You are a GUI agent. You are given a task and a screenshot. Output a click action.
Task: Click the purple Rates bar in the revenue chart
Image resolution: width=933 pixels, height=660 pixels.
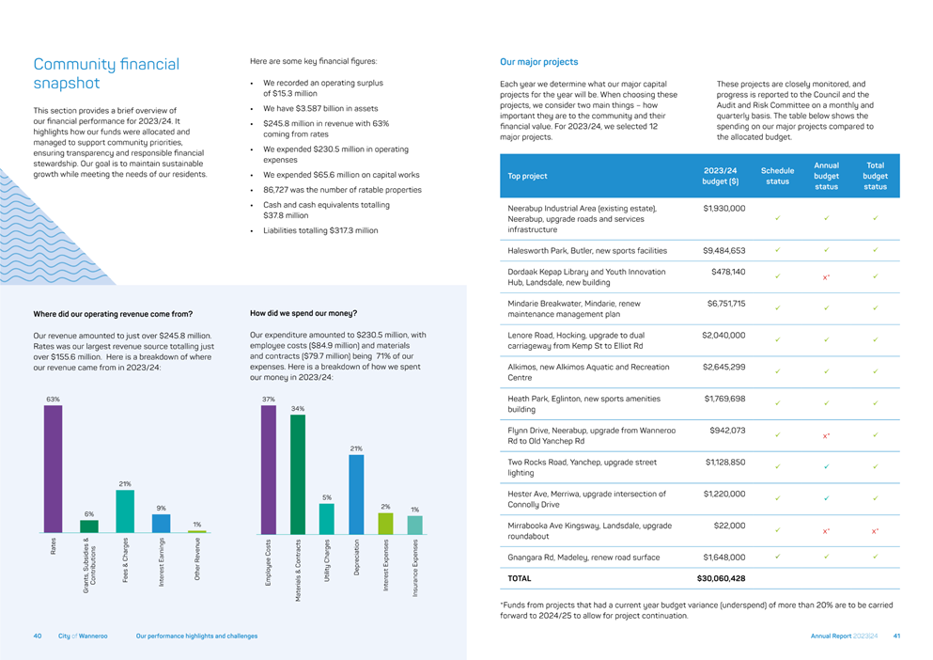[x=53, y=468]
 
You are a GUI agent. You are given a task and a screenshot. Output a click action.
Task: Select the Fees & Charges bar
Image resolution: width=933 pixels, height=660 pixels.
[x=125, y=511]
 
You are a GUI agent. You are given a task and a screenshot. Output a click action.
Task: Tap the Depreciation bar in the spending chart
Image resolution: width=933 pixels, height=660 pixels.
[x=356, y=495]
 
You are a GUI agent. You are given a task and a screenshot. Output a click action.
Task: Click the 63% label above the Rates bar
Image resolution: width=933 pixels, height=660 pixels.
[x=53, y=400]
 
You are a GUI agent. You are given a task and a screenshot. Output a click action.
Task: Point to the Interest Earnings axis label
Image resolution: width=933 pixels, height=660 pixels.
[x=162, y=558]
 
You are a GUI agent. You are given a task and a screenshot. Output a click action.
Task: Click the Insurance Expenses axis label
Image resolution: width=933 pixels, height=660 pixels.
[x=415, y=568]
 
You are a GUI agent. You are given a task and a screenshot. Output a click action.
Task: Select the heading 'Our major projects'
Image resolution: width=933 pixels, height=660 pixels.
[x=538, y=62]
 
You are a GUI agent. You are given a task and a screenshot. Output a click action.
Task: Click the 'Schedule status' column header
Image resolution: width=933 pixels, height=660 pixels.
[x=777, y=176]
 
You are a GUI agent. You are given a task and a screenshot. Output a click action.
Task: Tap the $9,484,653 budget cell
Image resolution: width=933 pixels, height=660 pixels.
[x=723, y=250]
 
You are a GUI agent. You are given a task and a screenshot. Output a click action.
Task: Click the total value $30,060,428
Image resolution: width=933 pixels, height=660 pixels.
[x=721, y=577]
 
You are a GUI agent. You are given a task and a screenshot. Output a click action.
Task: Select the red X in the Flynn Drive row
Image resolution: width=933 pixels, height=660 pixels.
[x=826, y=435]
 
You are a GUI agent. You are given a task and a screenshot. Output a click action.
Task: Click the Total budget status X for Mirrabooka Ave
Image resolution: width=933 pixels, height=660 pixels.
[x=875, y=531]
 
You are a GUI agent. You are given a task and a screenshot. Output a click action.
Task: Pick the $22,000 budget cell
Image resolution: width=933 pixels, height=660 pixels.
[x=729, y=526]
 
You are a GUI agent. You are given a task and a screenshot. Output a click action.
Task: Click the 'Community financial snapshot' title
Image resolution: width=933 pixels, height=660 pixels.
[x=106, y=73]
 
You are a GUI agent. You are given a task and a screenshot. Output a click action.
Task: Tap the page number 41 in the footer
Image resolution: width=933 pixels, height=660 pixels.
[x=897, y=636]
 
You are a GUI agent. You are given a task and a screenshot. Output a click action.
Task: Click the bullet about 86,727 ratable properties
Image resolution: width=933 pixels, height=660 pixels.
[x=342, y=190]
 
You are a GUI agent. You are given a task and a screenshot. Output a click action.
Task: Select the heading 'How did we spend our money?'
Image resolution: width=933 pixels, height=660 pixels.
[x=303, y=313]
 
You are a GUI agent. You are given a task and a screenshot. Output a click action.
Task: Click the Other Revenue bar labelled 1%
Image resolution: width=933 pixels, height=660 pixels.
[x=197, y=531]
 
